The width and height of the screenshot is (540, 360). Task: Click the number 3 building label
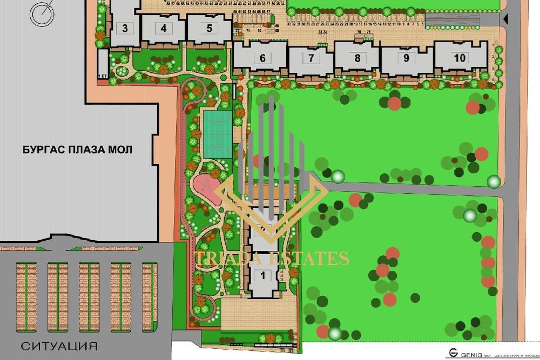click(x=125, y=29)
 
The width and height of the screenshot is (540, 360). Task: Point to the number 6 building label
click(x=262, y=58)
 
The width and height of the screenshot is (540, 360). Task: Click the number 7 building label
click(x=311, y=58)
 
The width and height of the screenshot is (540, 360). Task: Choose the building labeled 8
click(x=357, y=58)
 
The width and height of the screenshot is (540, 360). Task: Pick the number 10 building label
click(x=460, y=58)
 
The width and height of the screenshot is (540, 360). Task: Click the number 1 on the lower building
click(x=263, y=275)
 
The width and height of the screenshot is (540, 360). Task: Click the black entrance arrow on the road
click(x=505, y=19)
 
